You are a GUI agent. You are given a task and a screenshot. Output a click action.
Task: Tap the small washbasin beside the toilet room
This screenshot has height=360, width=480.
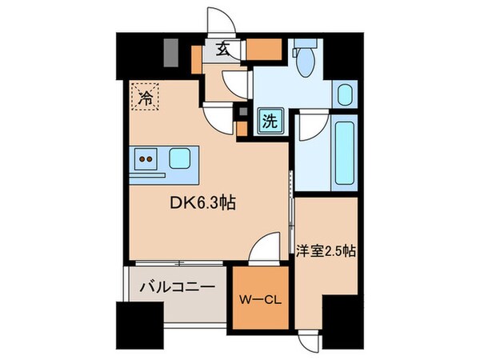(346, 94)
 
